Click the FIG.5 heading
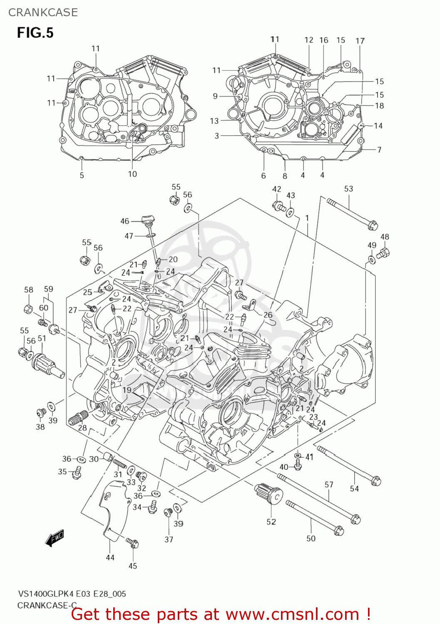35,32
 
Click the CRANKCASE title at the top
43,12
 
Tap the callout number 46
125,221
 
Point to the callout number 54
354,488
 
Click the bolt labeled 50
315,518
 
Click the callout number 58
28,290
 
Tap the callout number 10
132,174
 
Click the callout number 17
360,41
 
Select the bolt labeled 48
383,252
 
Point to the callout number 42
277,189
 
